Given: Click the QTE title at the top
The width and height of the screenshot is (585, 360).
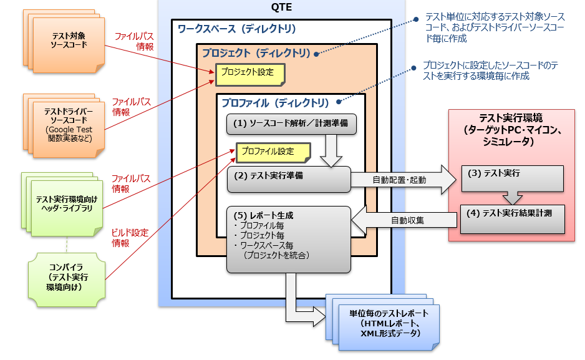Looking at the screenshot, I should coord(282,8).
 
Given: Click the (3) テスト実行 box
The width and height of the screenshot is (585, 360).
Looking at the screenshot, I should coord(511,174).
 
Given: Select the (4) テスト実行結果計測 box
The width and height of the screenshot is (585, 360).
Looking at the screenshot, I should coord(511,213).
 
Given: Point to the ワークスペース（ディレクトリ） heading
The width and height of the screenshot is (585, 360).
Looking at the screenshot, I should coord(236,29).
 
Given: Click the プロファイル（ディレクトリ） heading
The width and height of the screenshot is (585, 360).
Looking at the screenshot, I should coord(275,102).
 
